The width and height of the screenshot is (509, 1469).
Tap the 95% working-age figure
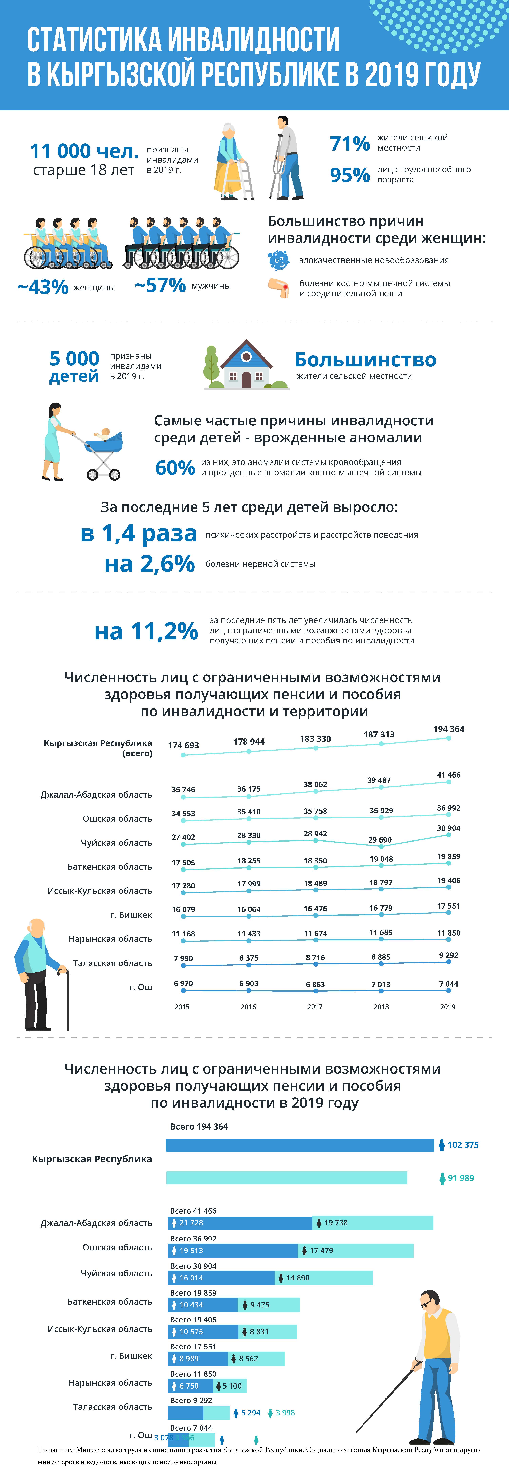pyautogui.click(x=349, y=174)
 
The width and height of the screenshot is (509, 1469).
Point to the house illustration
pyautogui.click(x=246, y=365)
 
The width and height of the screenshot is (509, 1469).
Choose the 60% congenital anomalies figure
pyautogui.click(x=175, y=468)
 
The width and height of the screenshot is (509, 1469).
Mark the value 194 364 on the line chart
pyautogui.click(x=449, y=729)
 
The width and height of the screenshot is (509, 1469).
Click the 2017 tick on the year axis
pyautogui.click(x=315, y=1006)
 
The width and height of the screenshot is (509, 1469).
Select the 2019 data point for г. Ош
pyautogui.click(x=449, y=991)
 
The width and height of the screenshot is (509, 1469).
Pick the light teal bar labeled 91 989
pyautogui.click(x=286, y=1178)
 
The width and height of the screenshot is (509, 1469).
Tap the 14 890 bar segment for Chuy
pyautogui.click(x=324, y=1277)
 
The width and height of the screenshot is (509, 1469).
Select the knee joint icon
pyautogui.click(x=278, y=288)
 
